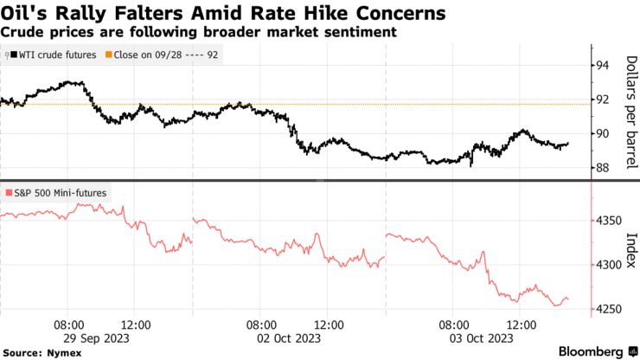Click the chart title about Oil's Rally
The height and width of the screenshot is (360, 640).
[224, 14]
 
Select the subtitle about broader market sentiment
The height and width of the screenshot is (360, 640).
[199, 32]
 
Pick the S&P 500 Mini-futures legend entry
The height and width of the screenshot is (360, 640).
[57, 192]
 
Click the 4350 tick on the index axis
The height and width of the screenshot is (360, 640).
[607, 221]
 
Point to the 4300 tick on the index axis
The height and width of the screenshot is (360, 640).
[607, 265]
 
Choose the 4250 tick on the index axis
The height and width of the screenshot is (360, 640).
[607, 310]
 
